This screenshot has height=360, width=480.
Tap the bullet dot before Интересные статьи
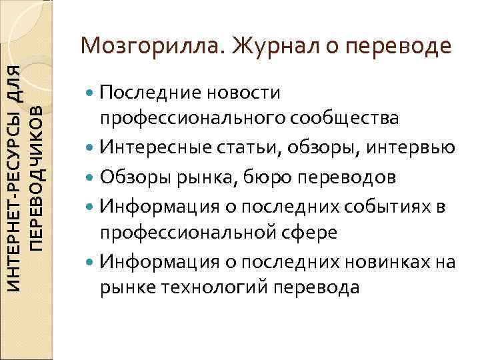tap(91, 148)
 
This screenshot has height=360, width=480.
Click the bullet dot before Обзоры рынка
tap(91, 177)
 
